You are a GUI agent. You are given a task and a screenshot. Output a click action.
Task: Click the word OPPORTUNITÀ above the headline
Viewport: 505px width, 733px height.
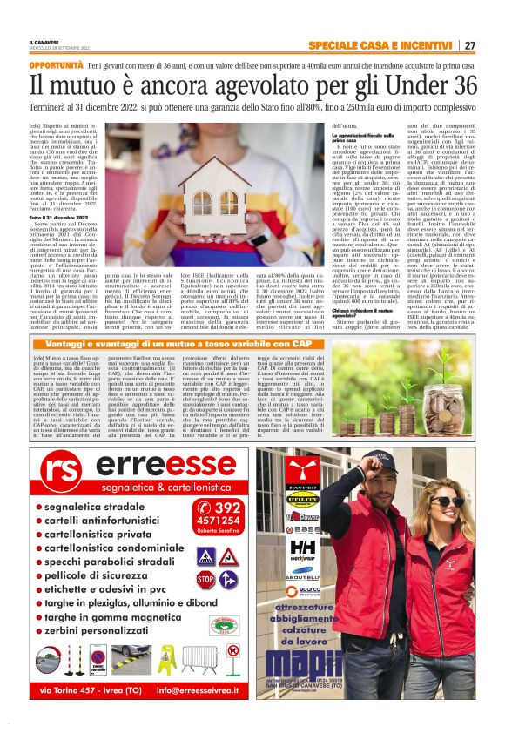click(x=56, y=66)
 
